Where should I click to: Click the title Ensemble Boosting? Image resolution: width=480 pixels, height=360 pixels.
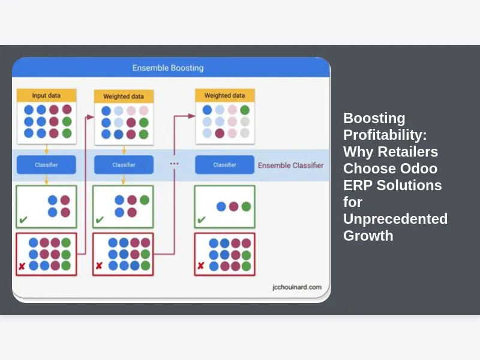[x=167, y=68]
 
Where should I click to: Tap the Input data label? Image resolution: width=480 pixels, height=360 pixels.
[x=46, y=95]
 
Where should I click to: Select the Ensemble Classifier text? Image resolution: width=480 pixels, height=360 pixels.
[x=290, y=166]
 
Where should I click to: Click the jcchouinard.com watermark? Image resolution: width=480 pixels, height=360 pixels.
[x=296, y=287]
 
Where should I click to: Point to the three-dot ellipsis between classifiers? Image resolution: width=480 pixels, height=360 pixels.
[x=174, y=163]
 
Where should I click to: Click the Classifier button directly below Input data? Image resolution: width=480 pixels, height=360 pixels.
[x=46, y=164]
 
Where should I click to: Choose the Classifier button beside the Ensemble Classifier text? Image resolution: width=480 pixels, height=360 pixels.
[x=224, y=164]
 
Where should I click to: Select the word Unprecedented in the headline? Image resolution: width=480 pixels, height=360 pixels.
[x=395, y=218]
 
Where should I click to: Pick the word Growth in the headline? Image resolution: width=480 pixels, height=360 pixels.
[x=368, y=235]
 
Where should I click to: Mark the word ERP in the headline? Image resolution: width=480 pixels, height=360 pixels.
[x=358, y=185]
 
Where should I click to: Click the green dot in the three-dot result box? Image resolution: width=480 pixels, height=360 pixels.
[x=246, y=206]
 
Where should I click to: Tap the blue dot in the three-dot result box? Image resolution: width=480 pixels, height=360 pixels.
[x=221, y=206]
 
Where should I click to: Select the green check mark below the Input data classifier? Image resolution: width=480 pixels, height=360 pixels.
[x=23, y=221]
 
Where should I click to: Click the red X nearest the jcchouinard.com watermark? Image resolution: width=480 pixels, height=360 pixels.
[x=201, y=265]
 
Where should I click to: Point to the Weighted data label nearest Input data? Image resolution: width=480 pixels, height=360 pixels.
[x=124, y=96]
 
